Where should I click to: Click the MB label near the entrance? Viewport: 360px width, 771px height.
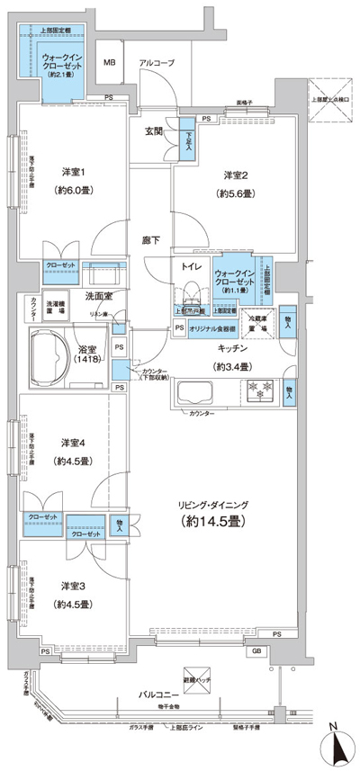point(109,63)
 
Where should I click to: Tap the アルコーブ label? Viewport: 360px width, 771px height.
point(157,63)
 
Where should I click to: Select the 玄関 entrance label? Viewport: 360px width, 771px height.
point(155,131)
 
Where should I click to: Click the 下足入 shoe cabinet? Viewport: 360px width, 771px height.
point(187,143)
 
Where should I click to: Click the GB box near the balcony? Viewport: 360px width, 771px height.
point(256,650)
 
